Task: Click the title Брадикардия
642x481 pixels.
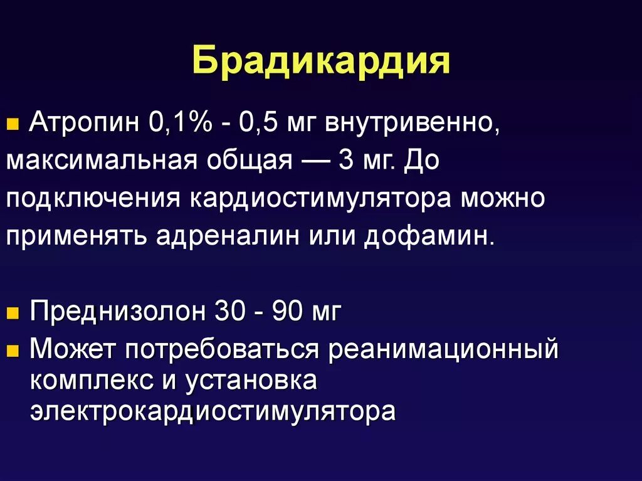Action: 321,62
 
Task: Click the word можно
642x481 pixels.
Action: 503,199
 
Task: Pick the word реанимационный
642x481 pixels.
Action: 443,349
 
